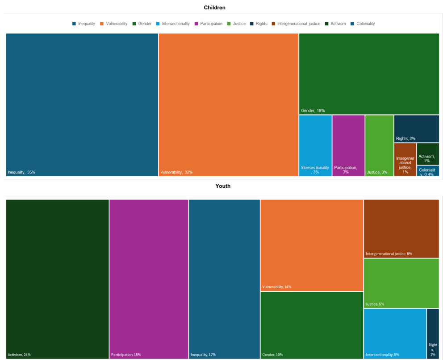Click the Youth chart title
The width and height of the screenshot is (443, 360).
(223, 186)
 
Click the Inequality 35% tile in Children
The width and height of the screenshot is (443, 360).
(82, 104)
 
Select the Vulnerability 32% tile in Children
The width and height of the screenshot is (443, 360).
(228, 104)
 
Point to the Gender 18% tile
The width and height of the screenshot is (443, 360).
(368, 74)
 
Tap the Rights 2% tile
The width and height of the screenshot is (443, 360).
(416, 128)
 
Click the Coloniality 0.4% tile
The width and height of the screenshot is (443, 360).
(428, 171)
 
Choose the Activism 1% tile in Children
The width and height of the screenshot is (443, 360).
(428, 154)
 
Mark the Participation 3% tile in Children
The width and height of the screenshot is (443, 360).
(348, 145)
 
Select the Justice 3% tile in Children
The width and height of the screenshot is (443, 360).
(379, 145)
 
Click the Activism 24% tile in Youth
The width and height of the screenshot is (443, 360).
(57, 279)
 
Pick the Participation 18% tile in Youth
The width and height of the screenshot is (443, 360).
(149, 279)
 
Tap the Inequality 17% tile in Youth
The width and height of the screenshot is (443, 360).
(224, 279)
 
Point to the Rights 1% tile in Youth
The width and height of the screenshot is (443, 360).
(433, 333)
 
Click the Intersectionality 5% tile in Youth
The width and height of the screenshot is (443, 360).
(395, 333)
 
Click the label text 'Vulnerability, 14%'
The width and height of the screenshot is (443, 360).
(277, 287)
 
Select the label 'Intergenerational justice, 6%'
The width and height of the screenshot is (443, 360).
(389, 254)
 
